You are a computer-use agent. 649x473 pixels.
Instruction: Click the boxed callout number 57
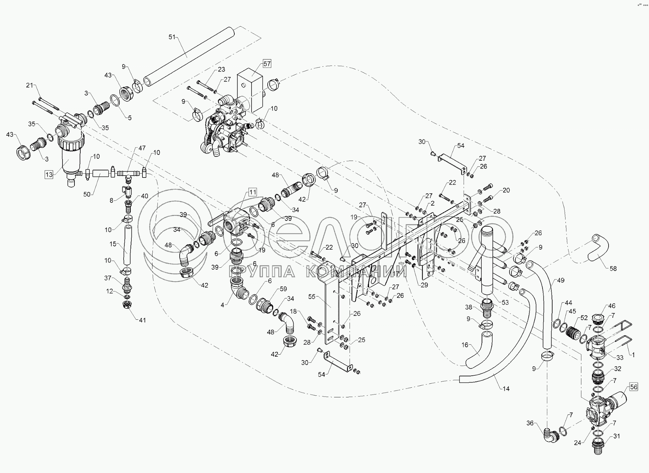267,64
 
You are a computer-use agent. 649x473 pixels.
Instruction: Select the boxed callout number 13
49,175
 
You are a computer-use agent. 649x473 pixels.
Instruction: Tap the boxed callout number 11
252,192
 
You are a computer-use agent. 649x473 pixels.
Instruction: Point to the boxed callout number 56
633,387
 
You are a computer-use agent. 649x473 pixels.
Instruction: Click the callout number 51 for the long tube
172,37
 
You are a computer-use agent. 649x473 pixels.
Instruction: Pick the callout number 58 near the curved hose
613,268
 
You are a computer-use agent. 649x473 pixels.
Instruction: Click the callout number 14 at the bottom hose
506,389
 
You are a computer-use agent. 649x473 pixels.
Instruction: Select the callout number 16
465,345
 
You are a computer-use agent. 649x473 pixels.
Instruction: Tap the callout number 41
142,320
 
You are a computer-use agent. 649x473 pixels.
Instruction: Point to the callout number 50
87,194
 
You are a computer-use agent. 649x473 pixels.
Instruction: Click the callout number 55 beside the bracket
312,297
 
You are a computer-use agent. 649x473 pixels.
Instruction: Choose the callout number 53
505,302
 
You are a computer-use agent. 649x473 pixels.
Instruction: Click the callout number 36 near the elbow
530,423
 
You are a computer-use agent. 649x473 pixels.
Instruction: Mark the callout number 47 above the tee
142,148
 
